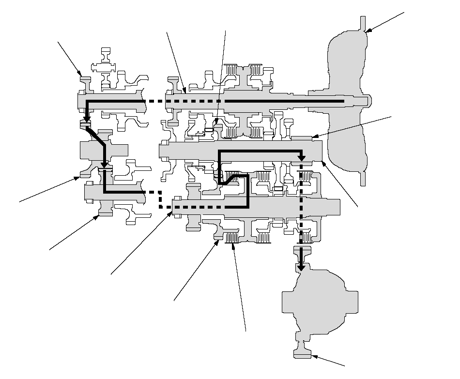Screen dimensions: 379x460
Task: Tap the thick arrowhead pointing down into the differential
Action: [301, 266]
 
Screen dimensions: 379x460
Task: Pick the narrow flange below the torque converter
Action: [362, 177]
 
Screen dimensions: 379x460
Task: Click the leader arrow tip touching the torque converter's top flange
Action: [366, 32]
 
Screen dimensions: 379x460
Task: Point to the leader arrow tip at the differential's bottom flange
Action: [312, 357]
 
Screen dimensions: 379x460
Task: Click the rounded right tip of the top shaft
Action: [370, 101]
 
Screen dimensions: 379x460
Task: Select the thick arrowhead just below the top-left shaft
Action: [86, 119]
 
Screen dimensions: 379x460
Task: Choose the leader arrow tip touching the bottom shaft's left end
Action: [172, 212]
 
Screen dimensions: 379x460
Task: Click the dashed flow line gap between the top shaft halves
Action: [155, 101]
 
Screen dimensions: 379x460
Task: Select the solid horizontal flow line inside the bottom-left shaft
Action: [123, 192]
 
